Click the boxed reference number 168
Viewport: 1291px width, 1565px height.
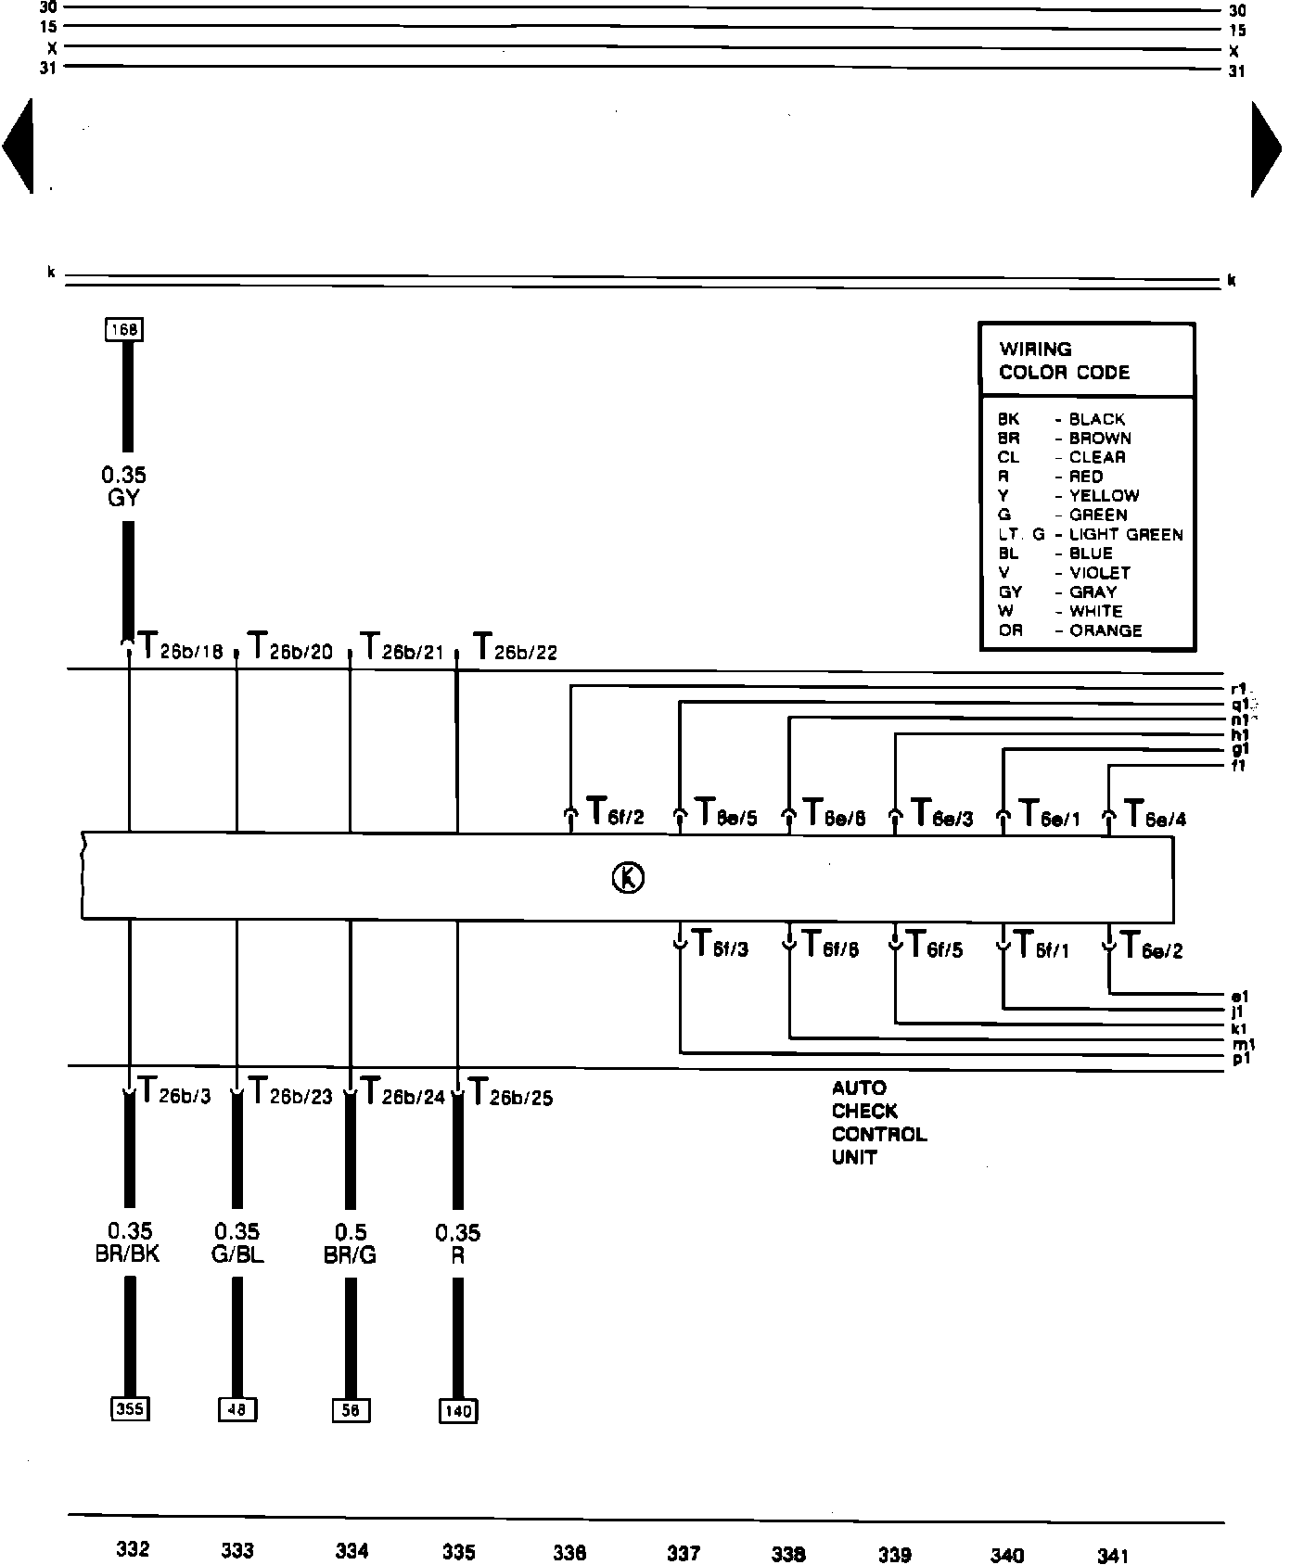click(x=125, y=330)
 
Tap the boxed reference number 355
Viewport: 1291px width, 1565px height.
click(x=129, y=1409)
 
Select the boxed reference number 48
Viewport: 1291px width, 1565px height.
click(x=237, y=1410)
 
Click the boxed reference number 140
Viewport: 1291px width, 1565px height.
click(x=458, y=1411)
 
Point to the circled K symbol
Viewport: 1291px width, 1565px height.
click(x=628, y=877)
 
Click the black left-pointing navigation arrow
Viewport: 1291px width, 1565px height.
click(x=19, y=147)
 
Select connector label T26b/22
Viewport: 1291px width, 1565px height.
click(x=515, y=647)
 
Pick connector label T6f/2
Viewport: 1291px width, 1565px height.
click(x=615, y=813)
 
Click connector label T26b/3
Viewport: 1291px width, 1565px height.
click(x=173, y=1092)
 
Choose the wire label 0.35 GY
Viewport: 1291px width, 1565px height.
click(x=123, y=487)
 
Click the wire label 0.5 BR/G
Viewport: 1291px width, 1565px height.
click(x=350, y=1243)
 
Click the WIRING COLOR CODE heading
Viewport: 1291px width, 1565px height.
click(x=1064, y=361)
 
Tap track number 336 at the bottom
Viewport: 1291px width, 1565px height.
click(x=569, y=1553)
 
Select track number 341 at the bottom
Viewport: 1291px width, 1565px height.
click(x=1113, y=1555)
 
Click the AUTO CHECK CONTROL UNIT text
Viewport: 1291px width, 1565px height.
click(x=877, y=1123)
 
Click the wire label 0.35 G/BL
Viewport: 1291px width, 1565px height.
click(x=237, y=1243)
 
